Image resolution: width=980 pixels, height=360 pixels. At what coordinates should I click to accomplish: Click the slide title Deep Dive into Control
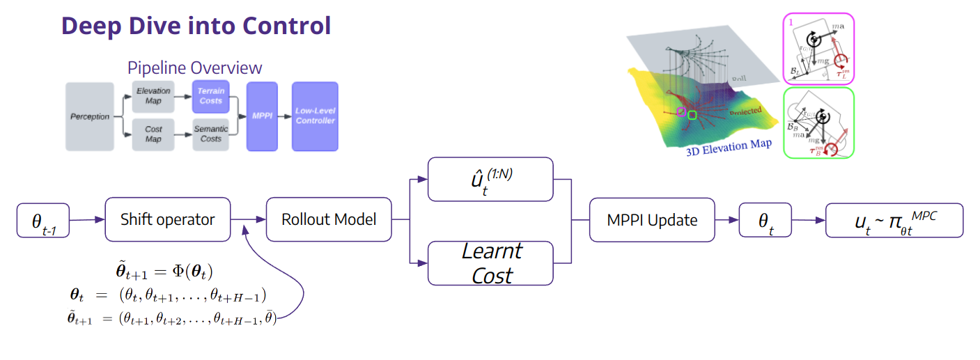coord(196,26)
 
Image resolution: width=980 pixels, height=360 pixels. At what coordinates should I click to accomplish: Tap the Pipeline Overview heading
coord(194,68)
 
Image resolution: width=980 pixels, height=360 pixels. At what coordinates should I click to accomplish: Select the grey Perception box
coord(90,116)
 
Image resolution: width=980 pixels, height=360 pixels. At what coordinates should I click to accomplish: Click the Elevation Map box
coord(153,95)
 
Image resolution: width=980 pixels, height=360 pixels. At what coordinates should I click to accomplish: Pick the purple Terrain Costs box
coord(210,96)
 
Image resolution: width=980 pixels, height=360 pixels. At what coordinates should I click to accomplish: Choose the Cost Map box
coord(153,134)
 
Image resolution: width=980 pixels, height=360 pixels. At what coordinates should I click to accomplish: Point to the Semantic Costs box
coord(210,134)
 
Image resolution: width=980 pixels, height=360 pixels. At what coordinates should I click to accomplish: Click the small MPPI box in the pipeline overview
coord(262,116)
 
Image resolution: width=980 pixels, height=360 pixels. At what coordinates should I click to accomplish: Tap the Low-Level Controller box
coord(315,116)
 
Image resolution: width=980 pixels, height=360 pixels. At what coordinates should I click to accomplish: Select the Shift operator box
coord(167,219)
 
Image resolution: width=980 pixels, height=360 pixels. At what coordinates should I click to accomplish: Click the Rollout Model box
coord(329,219)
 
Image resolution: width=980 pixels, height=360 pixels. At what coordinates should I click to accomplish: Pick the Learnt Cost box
coord(490,263)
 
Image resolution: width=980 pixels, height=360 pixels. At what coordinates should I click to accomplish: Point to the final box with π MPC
coord(894,220)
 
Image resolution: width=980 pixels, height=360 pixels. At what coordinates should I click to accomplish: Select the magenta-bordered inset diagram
coord(818,49)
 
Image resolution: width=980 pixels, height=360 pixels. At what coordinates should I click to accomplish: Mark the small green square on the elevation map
coord(692,114)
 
